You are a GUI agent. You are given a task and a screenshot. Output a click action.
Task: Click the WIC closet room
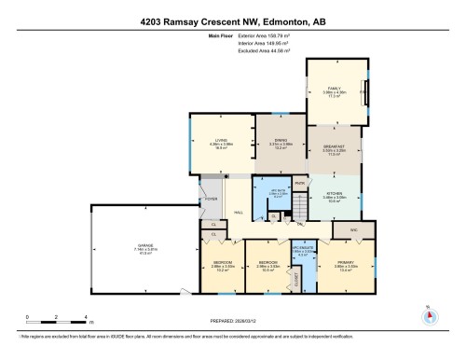pyautogui.click(x=353, y=228)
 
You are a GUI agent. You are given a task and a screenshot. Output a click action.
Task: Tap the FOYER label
pyautogui.click(x=211, y=198)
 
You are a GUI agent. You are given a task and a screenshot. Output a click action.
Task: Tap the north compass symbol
pyautogui.click(x=430, y=314)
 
